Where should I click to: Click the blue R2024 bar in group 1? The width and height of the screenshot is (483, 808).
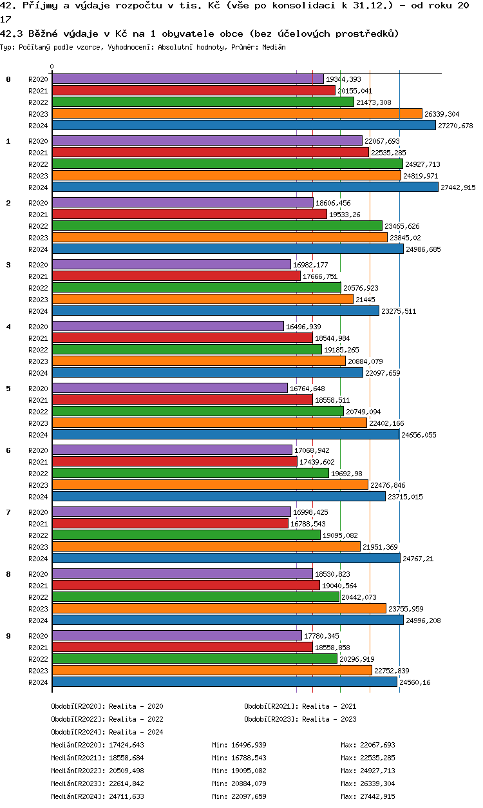[x=245, y=187]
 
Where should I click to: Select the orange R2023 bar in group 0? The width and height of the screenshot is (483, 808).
[x=237, y=113]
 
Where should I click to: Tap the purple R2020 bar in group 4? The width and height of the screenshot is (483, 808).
[x=167, y=326]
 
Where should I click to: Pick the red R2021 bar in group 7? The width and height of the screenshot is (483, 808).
[x=170, y=523]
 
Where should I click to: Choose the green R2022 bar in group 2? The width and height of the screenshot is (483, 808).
[x=217, y=226]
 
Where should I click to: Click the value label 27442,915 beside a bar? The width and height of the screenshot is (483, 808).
[x=458, y=188]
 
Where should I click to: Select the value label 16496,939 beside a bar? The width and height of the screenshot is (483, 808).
[x=303, y=327]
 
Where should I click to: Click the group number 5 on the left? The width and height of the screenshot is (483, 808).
[x=8, y=389]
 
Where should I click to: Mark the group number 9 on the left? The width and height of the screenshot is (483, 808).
[x=8, y=636]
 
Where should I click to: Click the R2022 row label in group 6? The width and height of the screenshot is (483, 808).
[x=39, y=474]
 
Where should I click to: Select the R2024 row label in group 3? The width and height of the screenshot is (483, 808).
[x=39, y=311]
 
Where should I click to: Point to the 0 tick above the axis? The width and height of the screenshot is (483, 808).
[x=52, y=67]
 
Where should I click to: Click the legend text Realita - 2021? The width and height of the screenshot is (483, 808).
[x=329, y=706]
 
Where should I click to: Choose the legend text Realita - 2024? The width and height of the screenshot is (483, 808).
[x=136, y=732]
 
